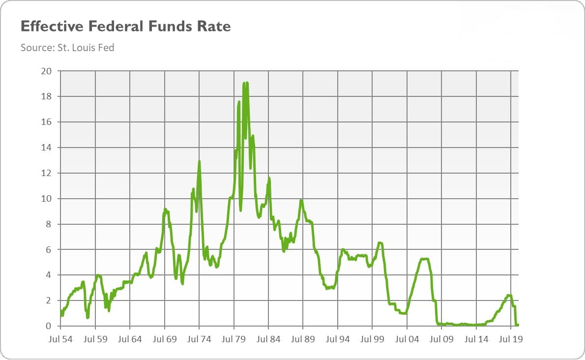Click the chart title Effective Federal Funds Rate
pyautogui.click(x=125, y=27)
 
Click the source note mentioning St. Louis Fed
pyautogui.click(x=67, y=48)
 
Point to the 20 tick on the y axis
pyautogui.click(x=46, y=71)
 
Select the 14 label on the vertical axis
pyautogui.click(x=46, y=148)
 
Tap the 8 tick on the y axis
pyautogui.click(x=48, y=224)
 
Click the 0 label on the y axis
pyautogui.click(x=48, y=326)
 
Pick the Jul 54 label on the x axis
pyautogui.click(x=60, y=339)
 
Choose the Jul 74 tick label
pyautogui.click(x=199, y=339)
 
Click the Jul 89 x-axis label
pyautogui.click(x=303, y=339)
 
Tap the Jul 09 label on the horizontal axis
pyautogui.click(x=441, y=339)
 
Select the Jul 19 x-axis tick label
pyautogui.click(x=511, y=339)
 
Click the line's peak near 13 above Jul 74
pyautogui.click(x=199, y=161)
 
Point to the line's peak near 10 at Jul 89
pyautogui.click(x=301, y=200)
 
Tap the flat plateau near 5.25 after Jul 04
pyautogui.click(x=424, y=259)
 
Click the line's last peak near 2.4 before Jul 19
pyautogui.click(x=508, y=295)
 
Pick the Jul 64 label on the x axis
pyautogui.click(x=130, y=339)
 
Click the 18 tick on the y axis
pyautogui.click(x=46, y=96)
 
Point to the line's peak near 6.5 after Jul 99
pyautogui.click(x=380, y=243)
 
